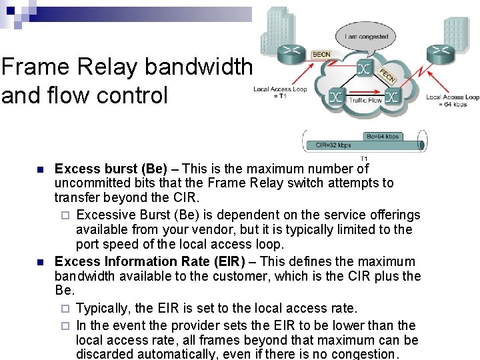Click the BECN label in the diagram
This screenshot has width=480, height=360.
pyautogui.click(x=321, y=55)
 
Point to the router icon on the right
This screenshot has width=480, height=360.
pyautogui.click(x=440, y=50)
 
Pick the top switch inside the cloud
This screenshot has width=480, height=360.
pyautogui.click(x=364, y=68)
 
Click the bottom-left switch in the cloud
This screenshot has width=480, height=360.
pyautogui.click(x=336, y=98)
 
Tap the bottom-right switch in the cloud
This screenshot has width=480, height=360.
pyautogui.click(x=392, y=98)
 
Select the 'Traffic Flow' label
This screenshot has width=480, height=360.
pyautogui.click(x=365, y=101)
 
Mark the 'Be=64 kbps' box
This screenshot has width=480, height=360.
pyautogui.click(x=383, y=137)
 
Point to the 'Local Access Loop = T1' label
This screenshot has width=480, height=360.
pyautogui.click(x=280, y=93)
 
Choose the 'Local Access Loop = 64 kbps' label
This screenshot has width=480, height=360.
pyautogui.click(x=453, y=101)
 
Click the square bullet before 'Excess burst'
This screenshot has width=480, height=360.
pyautogui.click(x=41, y=169)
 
